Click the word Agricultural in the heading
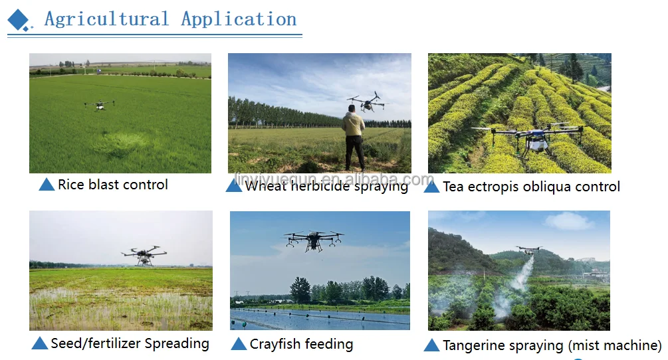[x=106, y=19]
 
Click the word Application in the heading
[x=239, y=19]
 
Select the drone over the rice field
[x=100, y=105]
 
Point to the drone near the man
[x=367, y=102]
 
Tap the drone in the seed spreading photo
[x=144, y=255]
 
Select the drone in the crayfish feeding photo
[x=314, y=240]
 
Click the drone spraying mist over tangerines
[x=528, y=249]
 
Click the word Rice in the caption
[x=70, y=185]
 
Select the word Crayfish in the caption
[x=275, y=344]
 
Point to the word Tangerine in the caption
[x=475, y=345]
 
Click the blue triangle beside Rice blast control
[x=47, y=184]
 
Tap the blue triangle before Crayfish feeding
[x=239, y=344]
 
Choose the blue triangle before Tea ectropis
[x=431, y=186]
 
